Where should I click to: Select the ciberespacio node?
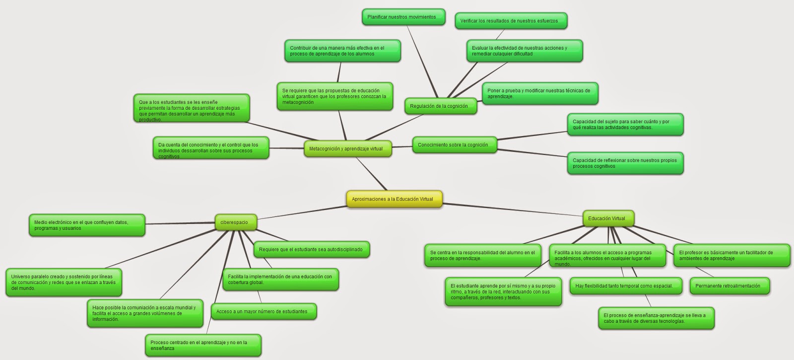235,222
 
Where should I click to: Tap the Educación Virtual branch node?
608,218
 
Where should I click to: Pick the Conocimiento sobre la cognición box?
454,145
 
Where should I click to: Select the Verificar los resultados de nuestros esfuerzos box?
510,21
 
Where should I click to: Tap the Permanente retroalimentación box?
728,286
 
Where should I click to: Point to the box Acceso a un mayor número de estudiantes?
263,312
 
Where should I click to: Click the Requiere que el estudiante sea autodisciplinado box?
312,249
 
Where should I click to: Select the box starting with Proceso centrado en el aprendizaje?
202,345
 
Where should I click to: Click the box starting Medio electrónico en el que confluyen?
86,225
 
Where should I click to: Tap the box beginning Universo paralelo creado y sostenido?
63,282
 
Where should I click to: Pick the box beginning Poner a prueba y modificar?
539,93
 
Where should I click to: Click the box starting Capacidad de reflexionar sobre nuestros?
625,163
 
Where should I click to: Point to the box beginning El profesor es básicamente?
730,255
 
